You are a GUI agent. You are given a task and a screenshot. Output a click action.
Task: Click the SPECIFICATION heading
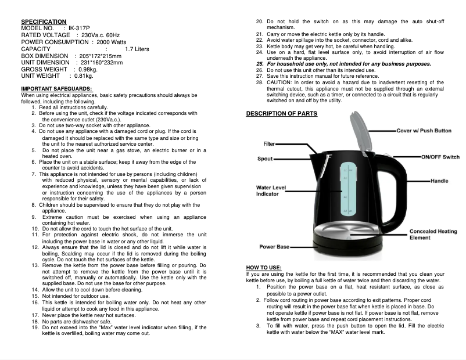(x=43, y=21)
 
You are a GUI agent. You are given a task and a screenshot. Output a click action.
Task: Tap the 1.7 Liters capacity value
(x=137, y=49)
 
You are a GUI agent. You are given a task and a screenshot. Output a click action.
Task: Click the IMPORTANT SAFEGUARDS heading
(x=53, y=89)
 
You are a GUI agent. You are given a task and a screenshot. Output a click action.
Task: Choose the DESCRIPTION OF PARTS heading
(x=282, y=113)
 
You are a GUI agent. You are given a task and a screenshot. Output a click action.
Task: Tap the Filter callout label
(x=269, y=143)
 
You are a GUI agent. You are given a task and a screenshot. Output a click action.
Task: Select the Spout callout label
(x=266, y=159)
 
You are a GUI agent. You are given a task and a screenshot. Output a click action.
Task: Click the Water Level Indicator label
(x=271, y=190)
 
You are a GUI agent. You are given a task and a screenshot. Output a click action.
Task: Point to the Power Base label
(x=274, y=247)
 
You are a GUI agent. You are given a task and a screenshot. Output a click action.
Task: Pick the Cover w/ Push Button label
(x=424, y=131)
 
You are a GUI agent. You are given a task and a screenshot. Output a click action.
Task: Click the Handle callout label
(x=439, y=181)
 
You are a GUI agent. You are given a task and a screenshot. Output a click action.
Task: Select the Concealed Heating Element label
(x=433, y=235)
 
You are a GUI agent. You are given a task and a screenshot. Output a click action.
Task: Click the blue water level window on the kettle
(x=347, y=186)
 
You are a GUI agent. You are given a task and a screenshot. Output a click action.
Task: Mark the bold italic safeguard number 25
(x=260, y=64)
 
